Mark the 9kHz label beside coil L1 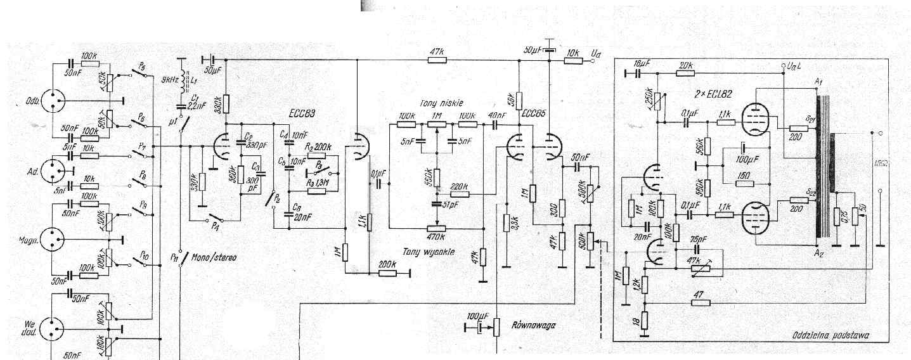click(x=170, y=79)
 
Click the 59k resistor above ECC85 click(x=519, y=99)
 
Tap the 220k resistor click(x=461, y=194)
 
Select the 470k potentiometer click(x=436, y=229)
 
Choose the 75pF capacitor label click(x=698, y=240)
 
